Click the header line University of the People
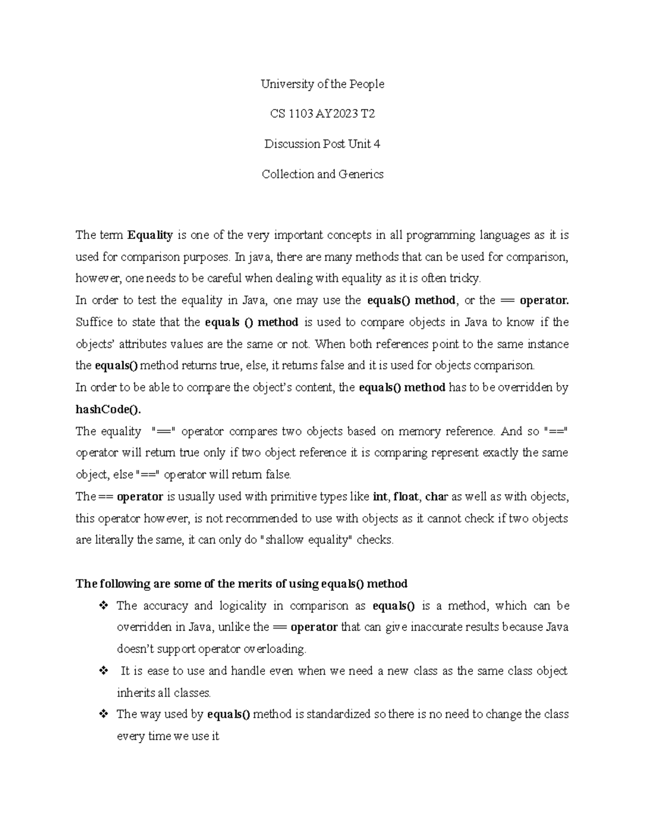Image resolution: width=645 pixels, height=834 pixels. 322,84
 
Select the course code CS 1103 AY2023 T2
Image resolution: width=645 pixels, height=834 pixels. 322,114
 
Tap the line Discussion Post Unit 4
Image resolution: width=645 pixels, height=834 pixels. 322,144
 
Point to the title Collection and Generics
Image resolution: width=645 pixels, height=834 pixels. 322,174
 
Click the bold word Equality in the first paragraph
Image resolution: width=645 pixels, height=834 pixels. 150,235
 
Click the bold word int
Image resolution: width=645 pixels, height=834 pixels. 379,497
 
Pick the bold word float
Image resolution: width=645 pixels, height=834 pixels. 406,497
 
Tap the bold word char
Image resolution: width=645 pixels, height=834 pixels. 436,497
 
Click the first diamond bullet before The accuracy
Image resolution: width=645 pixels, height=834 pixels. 103,606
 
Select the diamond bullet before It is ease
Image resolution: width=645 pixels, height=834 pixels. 103,671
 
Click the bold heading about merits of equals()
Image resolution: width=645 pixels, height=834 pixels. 241,584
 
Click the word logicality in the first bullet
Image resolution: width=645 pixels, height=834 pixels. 242,606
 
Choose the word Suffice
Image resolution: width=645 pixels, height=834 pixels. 94,322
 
